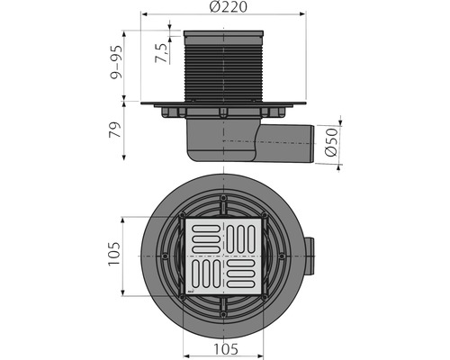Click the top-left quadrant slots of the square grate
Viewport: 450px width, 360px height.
pos(202,238)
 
